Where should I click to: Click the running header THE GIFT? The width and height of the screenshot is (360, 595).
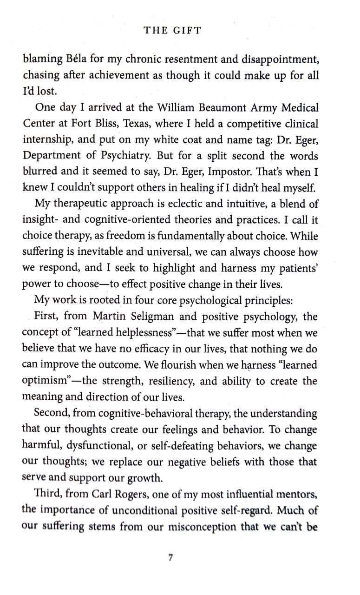(172, 31)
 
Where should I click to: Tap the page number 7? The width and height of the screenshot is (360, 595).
(171, 558)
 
